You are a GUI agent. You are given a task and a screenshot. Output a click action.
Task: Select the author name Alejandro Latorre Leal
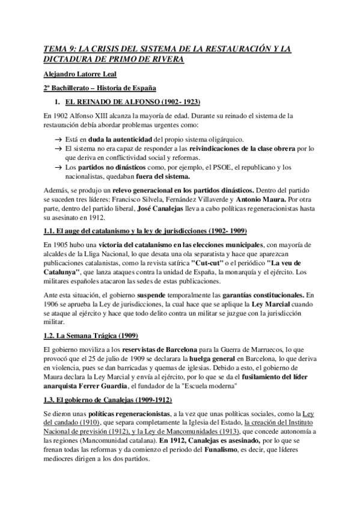point(84,74)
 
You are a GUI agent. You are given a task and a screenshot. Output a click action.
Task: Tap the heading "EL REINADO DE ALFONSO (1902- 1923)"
point(132,102)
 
